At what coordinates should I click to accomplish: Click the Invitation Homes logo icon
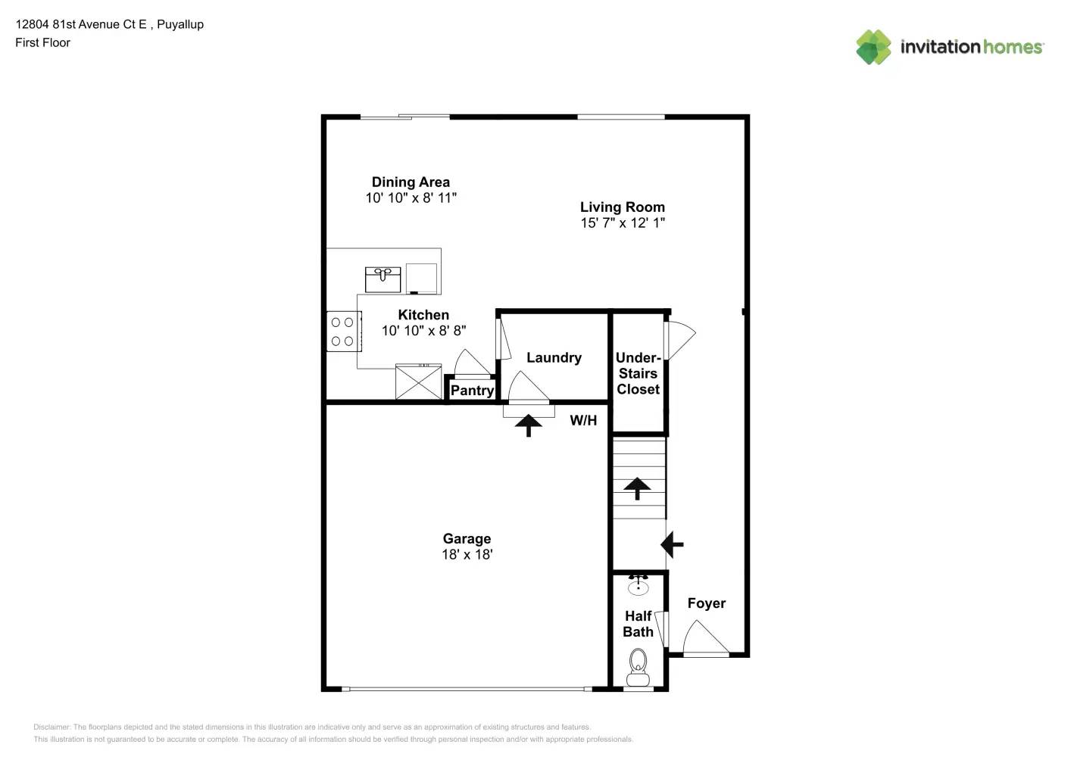point(873,47)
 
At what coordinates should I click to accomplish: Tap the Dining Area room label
point(411,182)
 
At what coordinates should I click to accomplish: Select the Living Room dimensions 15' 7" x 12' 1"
point(623,223)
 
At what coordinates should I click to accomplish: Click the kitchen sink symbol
point(382,279)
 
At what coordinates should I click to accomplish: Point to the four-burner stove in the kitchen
point(342,332)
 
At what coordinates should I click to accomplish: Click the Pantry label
point(472,391)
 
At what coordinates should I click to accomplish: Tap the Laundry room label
point(554,357)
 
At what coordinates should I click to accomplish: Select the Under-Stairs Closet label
point(638,373)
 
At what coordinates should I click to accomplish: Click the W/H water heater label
point(583,420)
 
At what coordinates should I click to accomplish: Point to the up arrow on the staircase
point(637,488)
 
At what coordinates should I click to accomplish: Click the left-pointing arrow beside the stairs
point(672,544)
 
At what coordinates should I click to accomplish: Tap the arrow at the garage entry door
point(528,425)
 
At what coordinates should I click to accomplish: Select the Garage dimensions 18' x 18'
point(467,554)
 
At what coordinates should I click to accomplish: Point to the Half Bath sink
point(638,585)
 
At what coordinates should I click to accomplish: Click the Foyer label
point(706,603)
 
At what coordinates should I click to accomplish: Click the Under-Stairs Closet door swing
point(679,339)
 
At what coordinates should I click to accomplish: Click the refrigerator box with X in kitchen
point(418,382)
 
